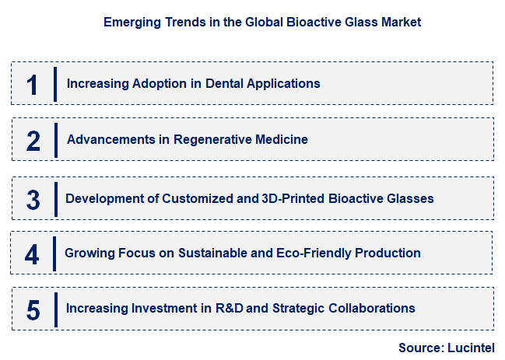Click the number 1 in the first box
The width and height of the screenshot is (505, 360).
point(32,84)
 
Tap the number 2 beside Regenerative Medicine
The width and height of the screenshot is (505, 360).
point(33,141)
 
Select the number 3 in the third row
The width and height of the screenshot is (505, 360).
point(33,199)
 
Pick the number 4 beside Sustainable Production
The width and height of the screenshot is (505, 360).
point(32,253)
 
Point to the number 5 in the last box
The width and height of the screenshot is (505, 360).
point(33,309)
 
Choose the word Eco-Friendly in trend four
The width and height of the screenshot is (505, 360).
point(328,253)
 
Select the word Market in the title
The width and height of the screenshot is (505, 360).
point(402,23)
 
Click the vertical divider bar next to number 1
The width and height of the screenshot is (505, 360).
point(55,84)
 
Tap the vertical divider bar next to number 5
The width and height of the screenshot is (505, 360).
point(56,309)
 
